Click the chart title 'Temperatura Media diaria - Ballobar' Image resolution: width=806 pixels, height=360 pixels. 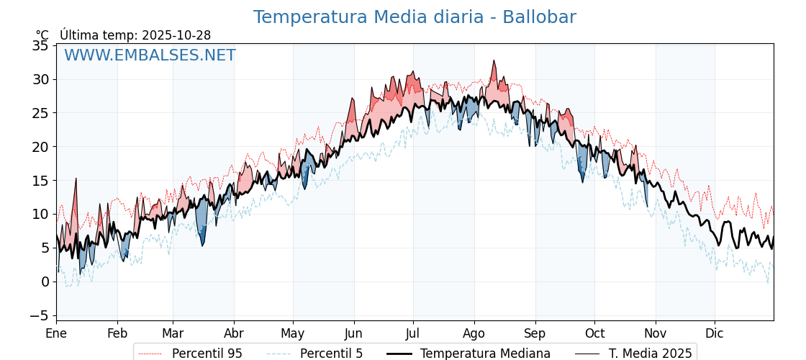[415, 17]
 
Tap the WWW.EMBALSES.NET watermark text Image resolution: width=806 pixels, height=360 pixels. [150, 55]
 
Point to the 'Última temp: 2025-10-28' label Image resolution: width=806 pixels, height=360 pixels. [135, 35]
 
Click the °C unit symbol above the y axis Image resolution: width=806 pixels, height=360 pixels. [42, 35]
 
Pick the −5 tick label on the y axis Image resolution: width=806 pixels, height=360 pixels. [37, 315]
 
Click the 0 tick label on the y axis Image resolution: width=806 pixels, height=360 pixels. [45, 282]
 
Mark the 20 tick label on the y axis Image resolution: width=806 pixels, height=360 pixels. [41, 147]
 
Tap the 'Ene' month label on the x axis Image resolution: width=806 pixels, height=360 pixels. [56, 333]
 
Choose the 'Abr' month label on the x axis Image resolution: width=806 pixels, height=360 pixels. [234, 333]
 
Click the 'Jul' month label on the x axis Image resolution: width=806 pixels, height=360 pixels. [413, 333]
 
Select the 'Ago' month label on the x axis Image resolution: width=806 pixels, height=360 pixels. [474, 333]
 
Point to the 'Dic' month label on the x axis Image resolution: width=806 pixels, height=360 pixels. [715, 333]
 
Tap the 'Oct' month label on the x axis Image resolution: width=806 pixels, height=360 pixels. [594, 333]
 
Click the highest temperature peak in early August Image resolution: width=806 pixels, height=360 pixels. [494, 61]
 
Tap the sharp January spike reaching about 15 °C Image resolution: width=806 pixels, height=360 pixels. [76, 179]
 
